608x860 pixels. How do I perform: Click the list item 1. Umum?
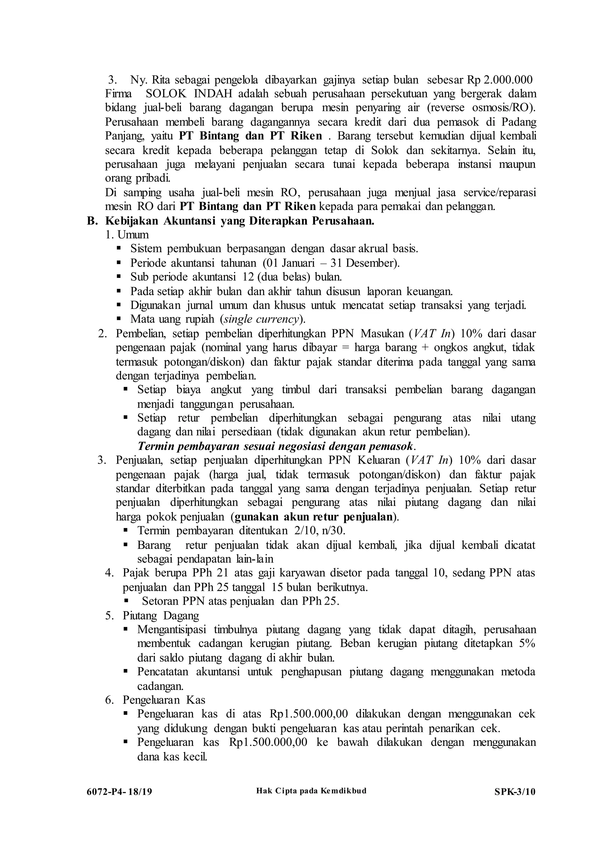coord(127,235)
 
